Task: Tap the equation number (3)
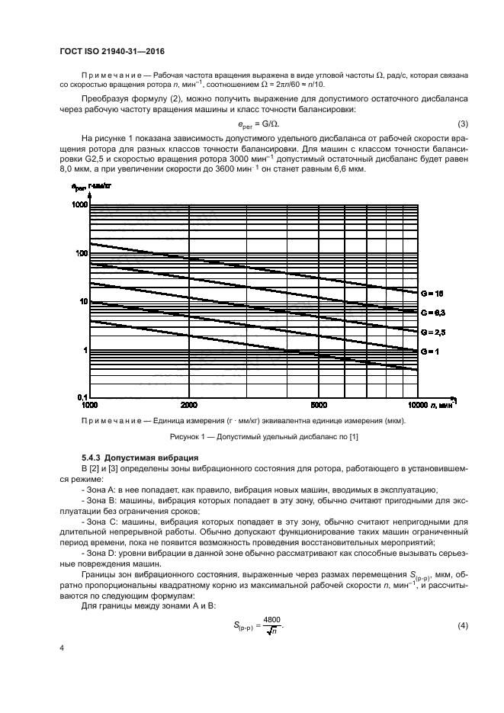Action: pyautogui.click(x=462, y=124)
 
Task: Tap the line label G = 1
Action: pyautogui.click(x=429, y=352)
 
